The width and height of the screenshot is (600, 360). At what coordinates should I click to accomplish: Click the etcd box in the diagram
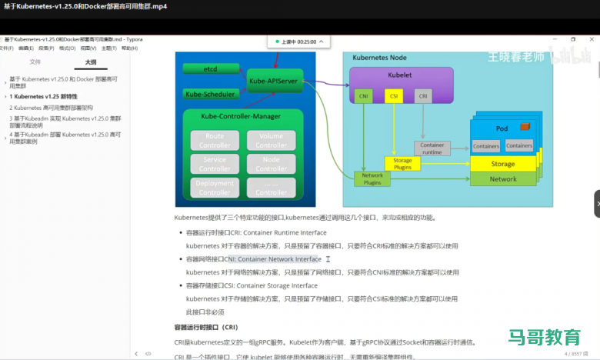211,69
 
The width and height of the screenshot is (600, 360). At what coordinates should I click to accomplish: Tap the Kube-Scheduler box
209,94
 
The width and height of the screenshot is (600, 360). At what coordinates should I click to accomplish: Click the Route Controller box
215,140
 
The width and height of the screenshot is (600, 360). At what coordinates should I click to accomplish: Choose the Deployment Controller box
215,188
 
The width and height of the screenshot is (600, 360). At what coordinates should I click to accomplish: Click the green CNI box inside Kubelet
363,96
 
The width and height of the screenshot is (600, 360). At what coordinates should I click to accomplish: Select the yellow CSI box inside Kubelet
393,96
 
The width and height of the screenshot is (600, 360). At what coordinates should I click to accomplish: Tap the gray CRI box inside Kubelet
422,96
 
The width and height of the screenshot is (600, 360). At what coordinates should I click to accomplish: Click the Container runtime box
432,148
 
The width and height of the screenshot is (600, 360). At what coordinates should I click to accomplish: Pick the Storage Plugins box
402,164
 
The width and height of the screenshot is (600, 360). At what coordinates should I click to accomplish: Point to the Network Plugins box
372,179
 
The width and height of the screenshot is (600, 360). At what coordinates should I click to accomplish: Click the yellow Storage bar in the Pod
503,164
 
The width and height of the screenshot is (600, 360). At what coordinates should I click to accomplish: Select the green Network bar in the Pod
503,178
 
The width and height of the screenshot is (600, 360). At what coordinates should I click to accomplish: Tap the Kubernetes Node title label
379,58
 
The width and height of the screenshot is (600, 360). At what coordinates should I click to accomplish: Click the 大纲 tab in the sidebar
91,62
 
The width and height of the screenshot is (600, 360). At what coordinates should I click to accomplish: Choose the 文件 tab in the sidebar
35,62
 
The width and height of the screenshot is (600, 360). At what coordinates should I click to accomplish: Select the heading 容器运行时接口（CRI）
205,327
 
